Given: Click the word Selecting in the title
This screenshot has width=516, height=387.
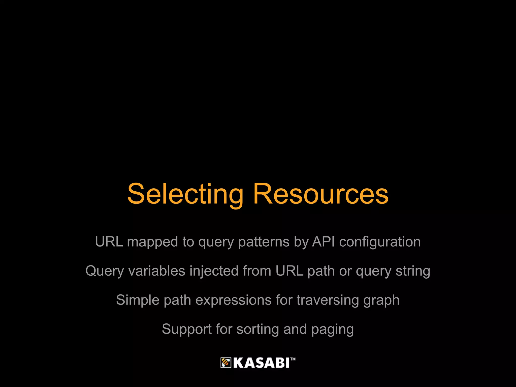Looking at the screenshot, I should tap(185, 194).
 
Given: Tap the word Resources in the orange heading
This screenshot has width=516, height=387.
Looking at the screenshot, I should tap(320, 194).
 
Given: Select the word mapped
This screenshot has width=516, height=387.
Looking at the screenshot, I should tap(153, 242).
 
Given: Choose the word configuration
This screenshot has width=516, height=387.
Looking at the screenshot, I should tap(380, 242).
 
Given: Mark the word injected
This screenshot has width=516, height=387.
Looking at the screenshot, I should tap(214, 272).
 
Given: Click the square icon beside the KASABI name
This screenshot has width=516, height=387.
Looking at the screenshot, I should tap(226, 363).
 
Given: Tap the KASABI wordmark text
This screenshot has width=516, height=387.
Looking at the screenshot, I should tap(261, 363).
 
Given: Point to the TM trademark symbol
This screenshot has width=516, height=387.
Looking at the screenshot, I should tap(293, 359).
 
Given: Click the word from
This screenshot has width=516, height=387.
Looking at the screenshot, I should tap(257, 271).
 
